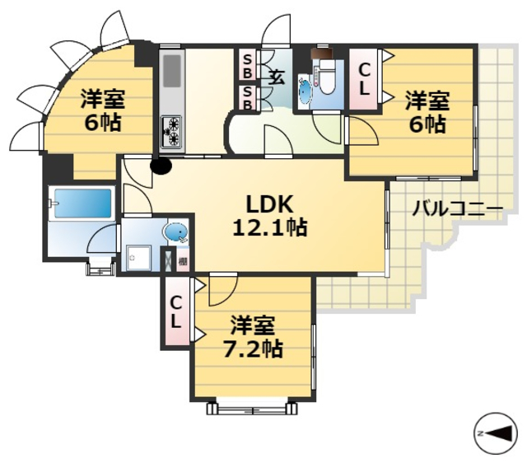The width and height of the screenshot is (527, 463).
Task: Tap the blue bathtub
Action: click(81, 203)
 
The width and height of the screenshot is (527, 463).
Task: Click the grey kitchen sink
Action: click(172, 70)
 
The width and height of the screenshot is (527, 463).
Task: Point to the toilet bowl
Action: click(325, 78)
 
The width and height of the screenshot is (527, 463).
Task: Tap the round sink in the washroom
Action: click(175, 233)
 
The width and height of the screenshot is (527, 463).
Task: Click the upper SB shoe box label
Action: click(247, 64)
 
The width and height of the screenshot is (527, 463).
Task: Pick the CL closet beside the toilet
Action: click(363, 76)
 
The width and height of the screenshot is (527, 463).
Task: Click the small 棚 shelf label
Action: click(182, 261)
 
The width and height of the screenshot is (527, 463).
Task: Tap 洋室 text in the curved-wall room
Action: click(102, 100)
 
